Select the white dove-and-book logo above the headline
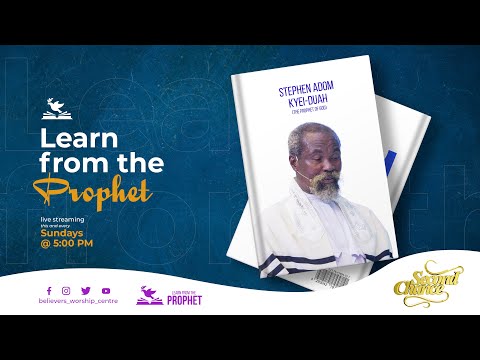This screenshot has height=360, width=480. pyautogui.click(x=57, y=106)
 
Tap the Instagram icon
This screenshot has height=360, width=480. pyautogui.click(x=64, y=290)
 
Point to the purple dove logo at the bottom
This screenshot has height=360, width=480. pyautogui.click(x=150, y=295)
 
